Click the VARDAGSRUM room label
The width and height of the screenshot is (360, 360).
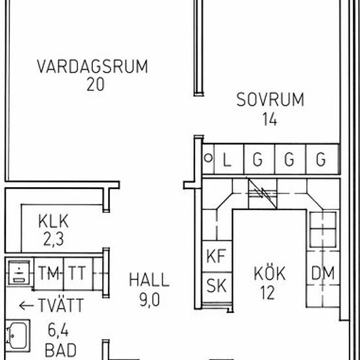[92, 67]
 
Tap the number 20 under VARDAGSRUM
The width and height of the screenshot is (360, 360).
[96, 84]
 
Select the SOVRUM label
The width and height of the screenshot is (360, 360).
[270, 99]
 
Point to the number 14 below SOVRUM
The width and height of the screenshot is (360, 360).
[270, 118]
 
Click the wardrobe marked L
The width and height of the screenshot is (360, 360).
[228, 159]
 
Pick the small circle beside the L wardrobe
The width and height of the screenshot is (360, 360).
[208, 158]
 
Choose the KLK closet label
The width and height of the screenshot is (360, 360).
[53, 221]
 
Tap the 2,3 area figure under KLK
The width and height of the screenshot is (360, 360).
[54, 239]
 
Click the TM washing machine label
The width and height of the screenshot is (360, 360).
[48, 273]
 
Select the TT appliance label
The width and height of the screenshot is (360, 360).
[77, 273]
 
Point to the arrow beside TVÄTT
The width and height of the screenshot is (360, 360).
[26, 306]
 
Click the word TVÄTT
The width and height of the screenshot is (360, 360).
[61, 305]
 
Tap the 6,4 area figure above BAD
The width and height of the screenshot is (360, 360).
[58, 331]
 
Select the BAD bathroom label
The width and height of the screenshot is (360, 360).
[61, 350]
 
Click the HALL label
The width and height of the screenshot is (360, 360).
[149, 279]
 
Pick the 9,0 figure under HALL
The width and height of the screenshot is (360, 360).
[149, 300]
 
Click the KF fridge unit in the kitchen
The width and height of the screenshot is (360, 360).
[217, 257]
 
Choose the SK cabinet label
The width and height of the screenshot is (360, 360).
[216, 285]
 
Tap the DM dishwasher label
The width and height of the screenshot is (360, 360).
[323, 273]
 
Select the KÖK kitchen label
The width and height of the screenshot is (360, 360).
[270, 272]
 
